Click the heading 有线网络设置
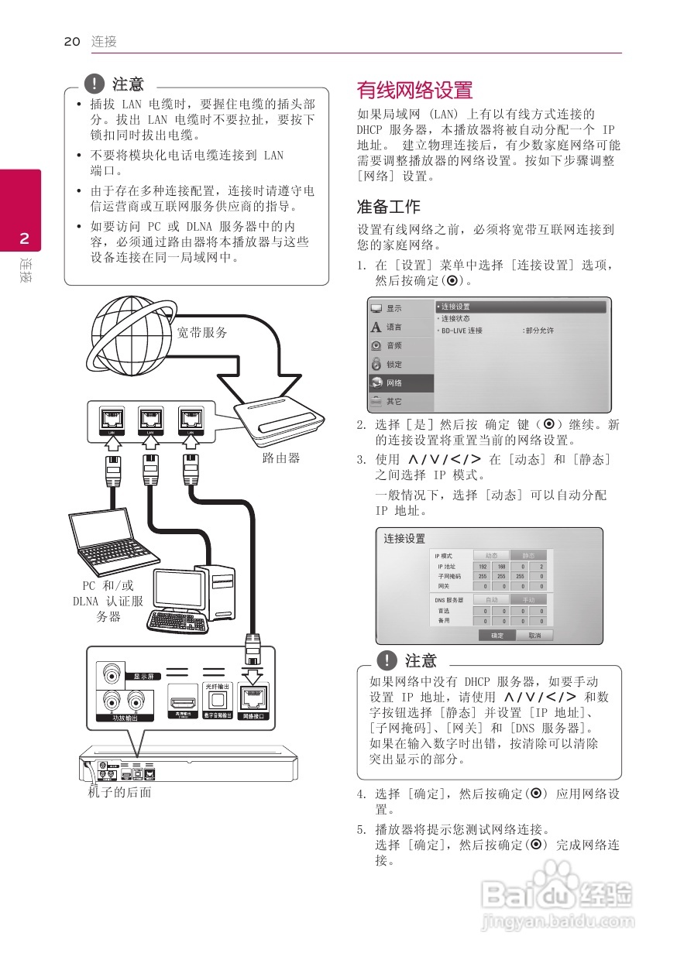click(414, 91)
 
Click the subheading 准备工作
click(388, 207)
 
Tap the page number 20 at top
click(72, 42)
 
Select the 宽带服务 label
click(202, 333)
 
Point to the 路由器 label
click(281, 458)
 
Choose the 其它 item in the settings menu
click(394, 402)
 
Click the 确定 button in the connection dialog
click(497, 635)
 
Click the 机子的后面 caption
click(119, 793)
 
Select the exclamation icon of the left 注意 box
click(95, 83)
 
